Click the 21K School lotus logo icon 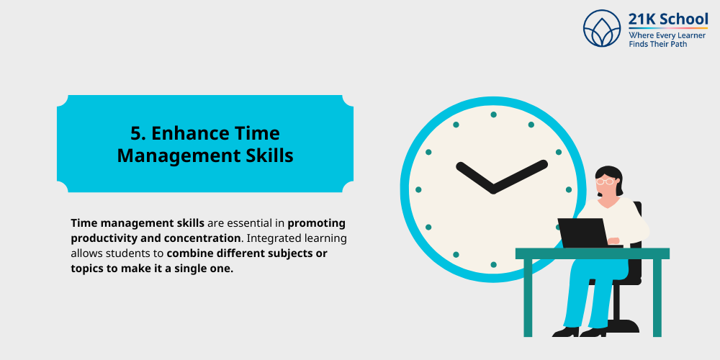602,28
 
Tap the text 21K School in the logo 667,19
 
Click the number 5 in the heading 135,133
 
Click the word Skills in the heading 268,156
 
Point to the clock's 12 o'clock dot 493,114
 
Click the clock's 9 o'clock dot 418,190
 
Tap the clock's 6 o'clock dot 493,265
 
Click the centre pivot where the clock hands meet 493,189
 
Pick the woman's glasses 606,181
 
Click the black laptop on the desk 582,233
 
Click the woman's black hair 610,173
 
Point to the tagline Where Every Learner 667,35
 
